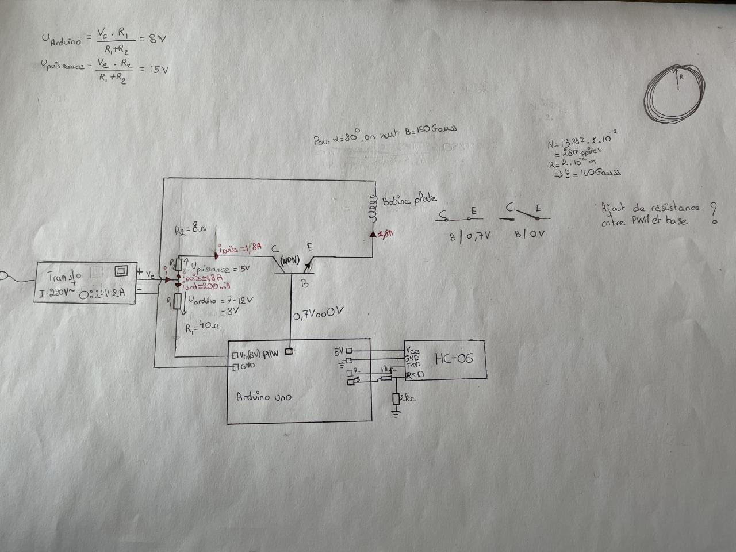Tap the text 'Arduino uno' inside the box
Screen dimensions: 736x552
[263, 397]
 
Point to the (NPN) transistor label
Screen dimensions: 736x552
[290, 260]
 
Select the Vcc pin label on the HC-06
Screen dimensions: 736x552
[412, 350]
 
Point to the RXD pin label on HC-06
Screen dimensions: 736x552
[415, 375]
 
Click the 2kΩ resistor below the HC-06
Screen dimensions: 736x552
[397, 398]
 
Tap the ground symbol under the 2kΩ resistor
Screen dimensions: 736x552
[396, 413]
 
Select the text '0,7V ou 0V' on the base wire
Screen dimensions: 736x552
[318, 314]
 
